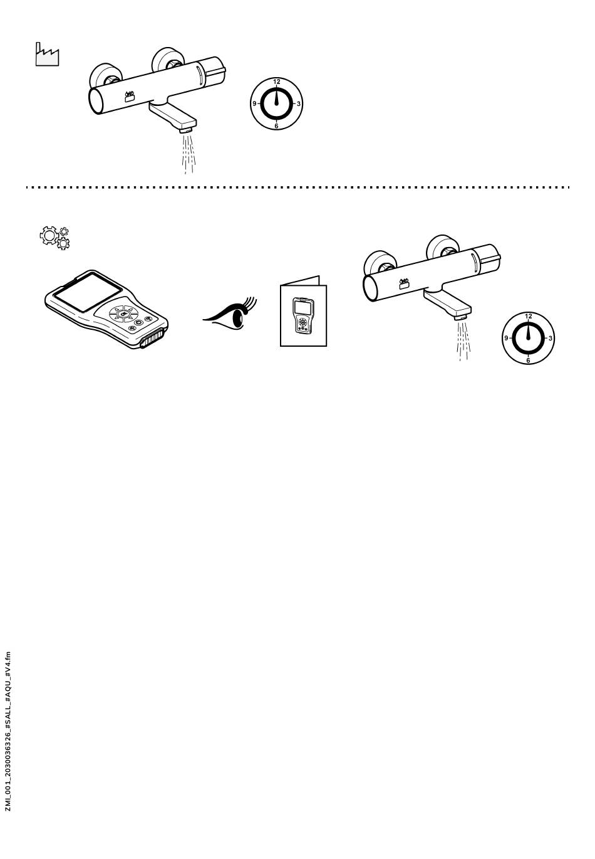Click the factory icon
coord(47,55)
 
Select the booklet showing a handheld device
coord(303,312)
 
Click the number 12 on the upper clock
coord(276,82)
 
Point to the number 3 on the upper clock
coord(299,103)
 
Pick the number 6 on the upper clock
coord(276,125)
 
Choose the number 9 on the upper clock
coord(254,103)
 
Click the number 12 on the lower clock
coord(529,316)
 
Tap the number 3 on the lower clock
coord(551,339)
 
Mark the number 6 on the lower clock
coord(528,361)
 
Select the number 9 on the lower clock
coord(506,339)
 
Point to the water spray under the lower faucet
coord(463,340)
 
